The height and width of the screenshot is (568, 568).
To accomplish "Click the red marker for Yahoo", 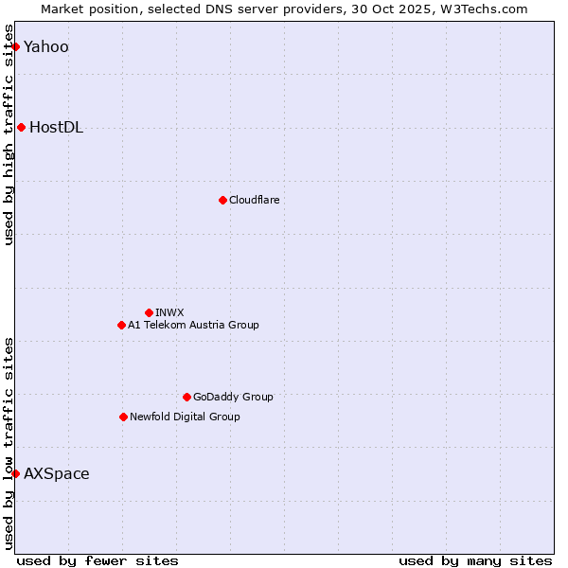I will tap(15, 46).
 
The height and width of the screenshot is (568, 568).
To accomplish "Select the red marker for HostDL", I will tap(21, 128).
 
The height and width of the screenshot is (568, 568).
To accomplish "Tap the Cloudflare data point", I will tap(222, 200).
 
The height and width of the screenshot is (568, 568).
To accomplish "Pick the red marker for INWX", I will tap(149, 312).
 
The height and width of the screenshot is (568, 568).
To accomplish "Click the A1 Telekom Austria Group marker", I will tap(121, 325).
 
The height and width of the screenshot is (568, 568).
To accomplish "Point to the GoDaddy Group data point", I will tap(186, 397).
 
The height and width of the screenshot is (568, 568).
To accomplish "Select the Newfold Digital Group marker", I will tap(123, 417).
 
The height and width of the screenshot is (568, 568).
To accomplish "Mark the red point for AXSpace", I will tap(15, 473).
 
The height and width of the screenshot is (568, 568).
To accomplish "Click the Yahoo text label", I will tap(46, 47).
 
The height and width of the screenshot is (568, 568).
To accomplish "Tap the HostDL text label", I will tap(57, 128).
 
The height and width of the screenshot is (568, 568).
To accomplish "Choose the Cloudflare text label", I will tap(255, 200).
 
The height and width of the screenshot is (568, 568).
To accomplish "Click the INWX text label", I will tap(170, 312).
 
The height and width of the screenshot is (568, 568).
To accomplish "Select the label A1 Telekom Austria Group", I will tap(193, 325).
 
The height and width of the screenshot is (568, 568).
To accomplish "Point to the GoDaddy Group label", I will tap(233, 397).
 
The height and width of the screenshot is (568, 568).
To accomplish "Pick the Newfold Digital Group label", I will tap(185, 417).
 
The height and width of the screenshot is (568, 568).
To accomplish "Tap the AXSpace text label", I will tap(57, 474).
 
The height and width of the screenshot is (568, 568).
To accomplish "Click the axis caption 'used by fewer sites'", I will tap(98, 560).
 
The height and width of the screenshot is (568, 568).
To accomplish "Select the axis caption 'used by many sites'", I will tap(475, 560).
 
